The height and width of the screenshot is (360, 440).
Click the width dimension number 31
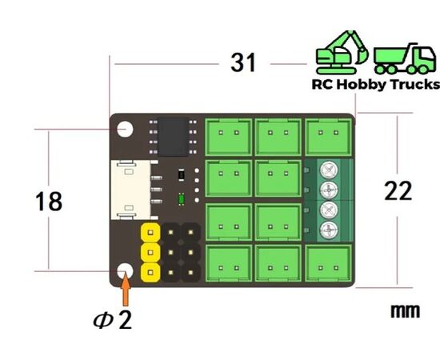[243, 63]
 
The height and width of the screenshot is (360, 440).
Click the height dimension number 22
[398, 191]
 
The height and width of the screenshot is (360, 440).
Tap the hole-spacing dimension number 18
[49, 201]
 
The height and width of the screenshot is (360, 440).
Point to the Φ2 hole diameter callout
[113, 320]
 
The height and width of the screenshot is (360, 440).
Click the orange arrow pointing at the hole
[126, 289]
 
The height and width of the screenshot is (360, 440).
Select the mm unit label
[406, 311]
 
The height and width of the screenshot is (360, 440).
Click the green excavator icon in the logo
[342, 52]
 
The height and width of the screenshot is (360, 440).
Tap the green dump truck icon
[405, 58]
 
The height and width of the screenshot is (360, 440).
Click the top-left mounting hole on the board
[125, 130]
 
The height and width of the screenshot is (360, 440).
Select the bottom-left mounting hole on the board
[125, 271]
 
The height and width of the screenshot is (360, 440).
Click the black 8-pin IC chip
[173, 137]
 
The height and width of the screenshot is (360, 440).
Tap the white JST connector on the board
[130, 190]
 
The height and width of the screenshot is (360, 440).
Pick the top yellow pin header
[150, 232]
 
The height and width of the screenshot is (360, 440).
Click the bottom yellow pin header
[150, 272]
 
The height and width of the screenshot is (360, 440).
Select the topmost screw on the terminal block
[329, 170]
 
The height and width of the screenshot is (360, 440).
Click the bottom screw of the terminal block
[329, 230]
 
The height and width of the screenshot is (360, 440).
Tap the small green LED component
[182, 199]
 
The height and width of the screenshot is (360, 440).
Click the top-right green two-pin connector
[328, 137]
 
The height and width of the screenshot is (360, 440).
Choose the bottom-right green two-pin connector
[328, 262]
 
